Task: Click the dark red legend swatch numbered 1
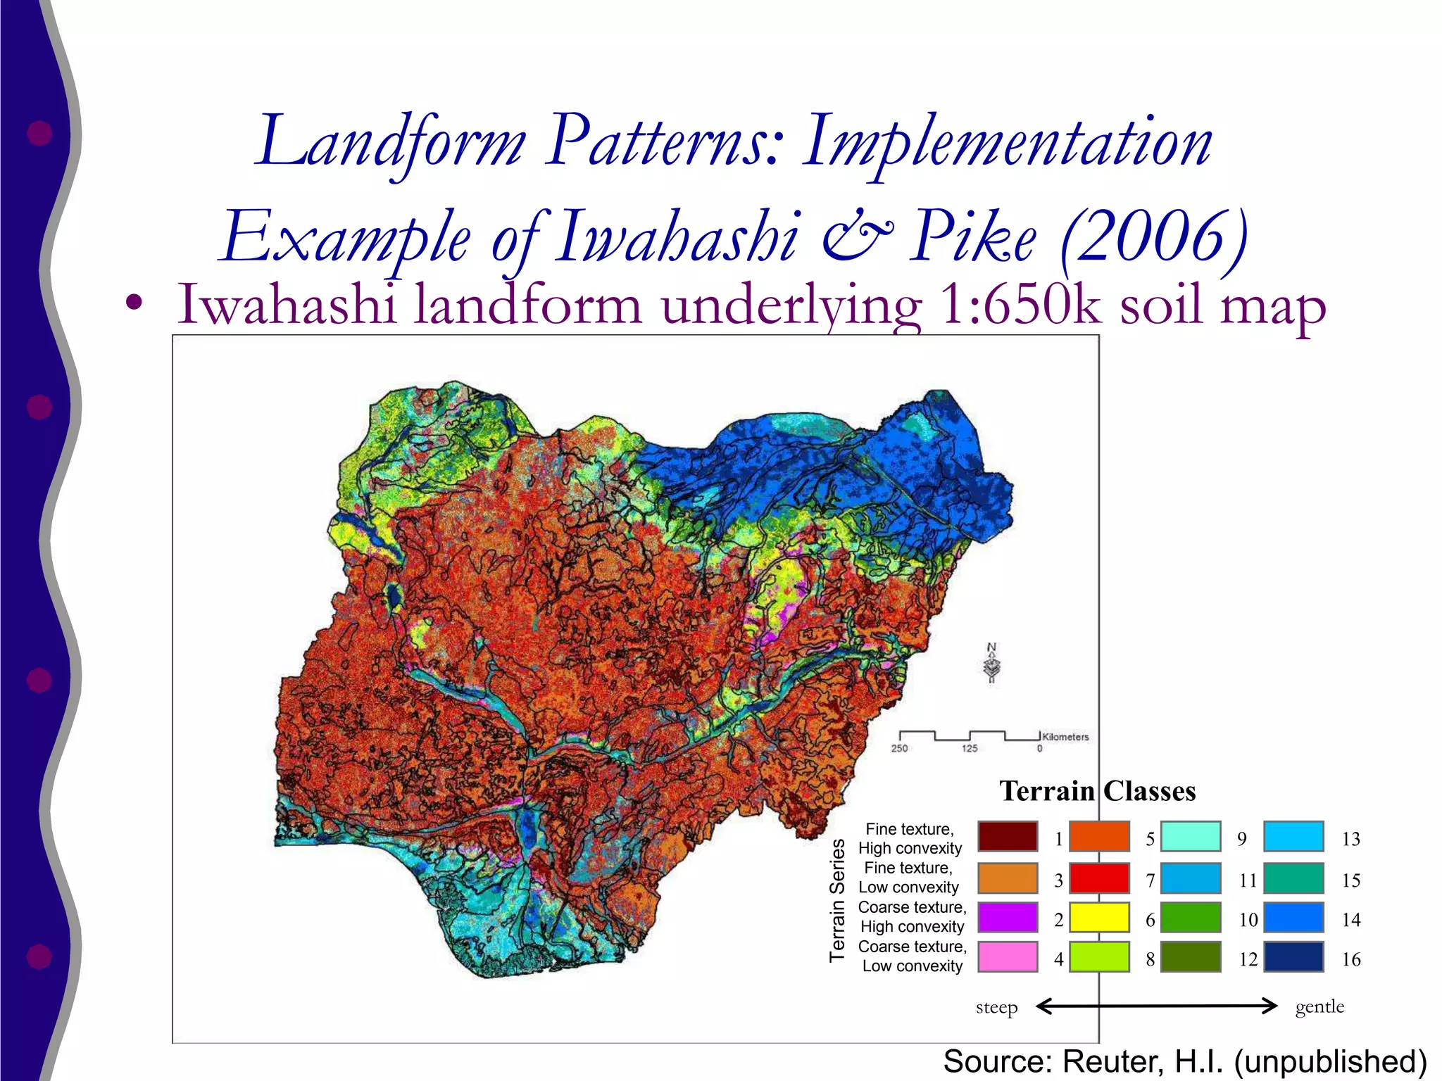1008,837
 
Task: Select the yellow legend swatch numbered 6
1099,918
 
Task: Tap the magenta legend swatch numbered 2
1008,918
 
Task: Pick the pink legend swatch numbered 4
1008,957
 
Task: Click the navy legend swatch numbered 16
1293,957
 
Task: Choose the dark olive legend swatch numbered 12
1191,957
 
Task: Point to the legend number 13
1350,839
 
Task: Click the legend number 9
1242,839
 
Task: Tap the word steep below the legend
996,1008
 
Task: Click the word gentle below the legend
1319,1007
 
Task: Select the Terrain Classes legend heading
1098,792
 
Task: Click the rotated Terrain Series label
837,900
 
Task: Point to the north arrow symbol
992,664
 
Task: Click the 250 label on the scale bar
899,749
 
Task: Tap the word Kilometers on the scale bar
1065,737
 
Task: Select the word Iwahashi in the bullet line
287,305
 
